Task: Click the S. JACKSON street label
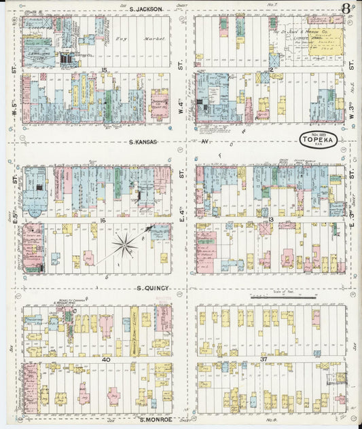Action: click(x=146, y=10)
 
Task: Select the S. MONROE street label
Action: click(x=155, y=420)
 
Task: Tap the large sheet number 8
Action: click(x=346, y=9)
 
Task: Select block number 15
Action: click(x=105, y=70)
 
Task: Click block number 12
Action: click(x=270, y=70)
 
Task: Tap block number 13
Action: click(x=270, y=221)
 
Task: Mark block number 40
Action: click(x=105, y=359)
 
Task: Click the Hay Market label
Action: click(x=145, y=39)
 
